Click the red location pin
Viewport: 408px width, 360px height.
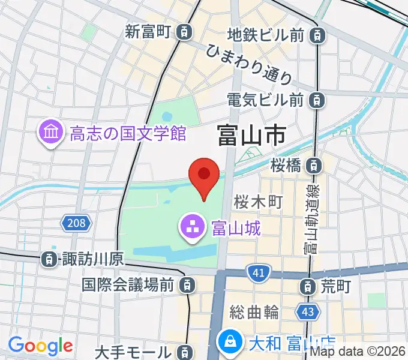pos(203,175)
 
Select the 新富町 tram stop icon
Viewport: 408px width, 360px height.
pos(187,31)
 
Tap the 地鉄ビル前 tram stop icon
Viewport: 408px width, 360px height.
pos(316,35)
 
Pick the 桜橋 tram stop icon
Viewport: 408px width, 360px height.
pos(313,164)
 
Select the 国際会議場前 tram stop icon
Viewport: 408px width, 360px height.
pos(188,284)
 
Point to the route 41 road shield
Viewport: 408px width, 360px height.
pos(259,274)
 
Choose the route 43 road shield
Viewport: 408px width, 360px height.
pos(308,312)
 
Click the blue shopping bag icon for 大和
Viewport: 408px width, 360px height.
pos(230,343)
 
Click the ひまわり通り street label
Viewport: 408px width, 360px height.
pos(249,64)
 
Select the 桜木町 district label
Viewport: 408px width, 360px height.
pos(258,202)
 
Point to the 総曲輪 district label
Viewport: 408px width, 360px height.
pos(254,312)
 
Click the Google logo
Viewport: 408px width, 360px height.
pos(40,345)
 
